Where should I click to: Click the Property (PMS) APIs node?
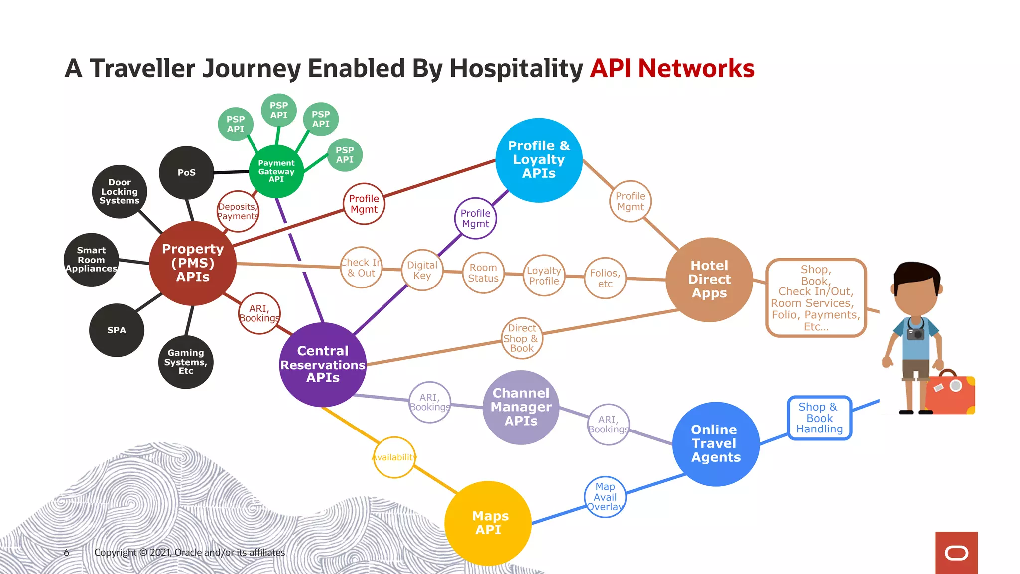(193, 263)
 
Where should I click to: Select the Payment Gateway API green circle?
(276, 171)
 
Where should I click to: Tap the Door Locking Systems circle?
(120, 191)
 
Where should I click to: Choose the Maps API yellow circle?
(488, 523)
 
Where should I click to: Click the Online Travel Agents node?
(716, 443)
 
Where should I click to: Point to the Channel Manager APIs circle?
(521, 407)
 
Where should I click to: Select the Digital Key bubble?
(422, 270)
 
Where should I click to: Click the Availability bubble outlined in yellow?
(394, 457)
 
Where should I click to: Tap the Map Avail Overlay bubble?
(605, 497)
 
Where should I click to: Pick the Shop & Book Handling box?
(819, 418)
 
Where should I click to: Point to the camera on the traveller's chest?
(915, 333)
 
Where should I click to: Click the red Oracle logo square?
(956, 553)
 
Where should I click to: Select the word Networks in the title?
(696, 68)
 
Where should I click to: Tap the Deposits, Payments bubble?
(238, 211)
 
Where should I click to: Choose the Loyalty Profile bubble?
(544, 276)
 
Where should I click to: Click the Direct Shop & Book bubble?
(521, 338)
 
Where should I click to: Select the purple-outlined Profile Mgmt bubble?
(475, 218)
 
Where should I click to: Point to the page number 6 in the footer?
(66, 552)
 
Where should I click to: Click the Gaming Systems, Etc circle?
(186, 362)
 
